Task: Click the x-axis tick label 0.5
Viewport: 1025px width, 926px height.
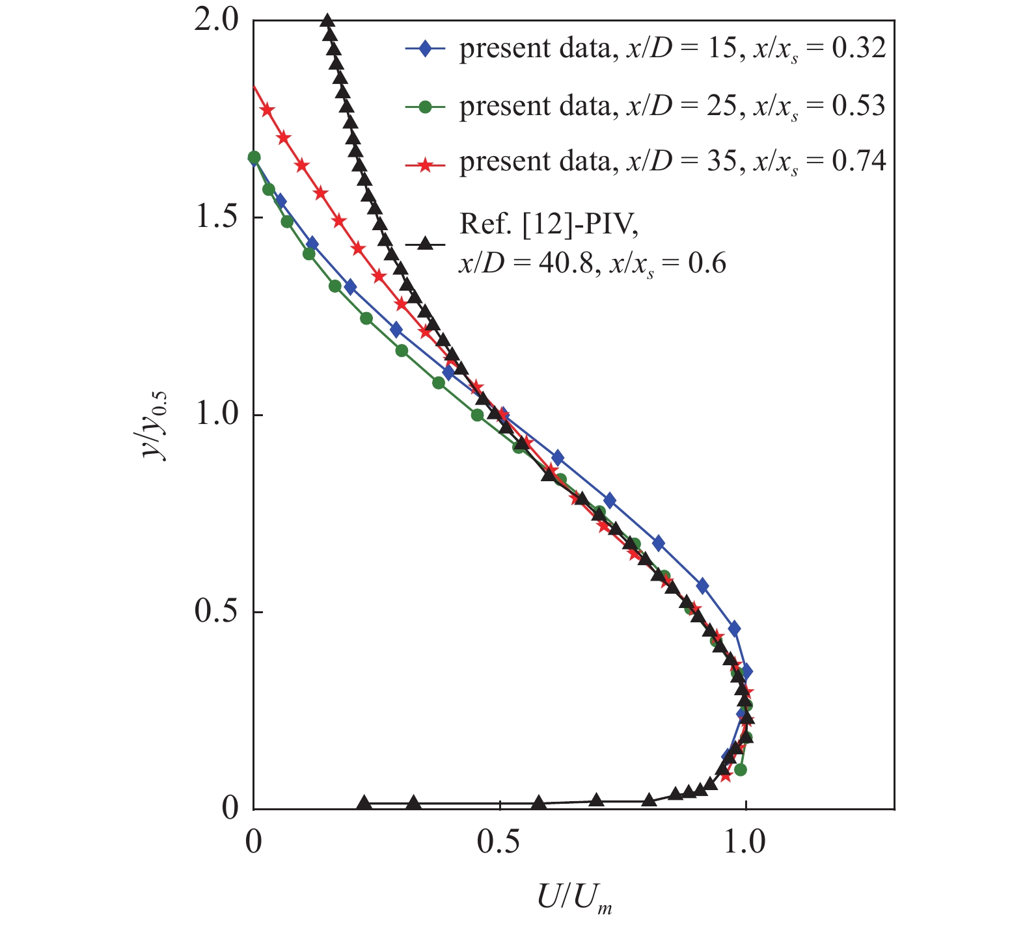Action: (x=499, y=842)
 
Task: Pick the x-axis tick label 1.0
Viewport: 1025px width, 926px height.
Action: (x=746, y=842)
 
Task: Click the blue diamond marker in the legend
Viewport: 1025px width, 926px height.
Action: (x=425, y=49)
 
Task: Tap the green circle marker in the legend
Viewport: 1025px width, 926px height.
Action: (x=425, y=106)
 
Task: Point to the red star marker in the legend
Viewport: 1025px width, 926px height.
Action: (x=425, y=163)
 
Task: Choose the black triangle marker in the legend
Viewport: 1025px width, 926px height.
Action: (x=425, y=244)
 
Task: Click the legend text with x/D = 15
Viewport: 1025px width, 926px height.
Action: (x=672, y=49)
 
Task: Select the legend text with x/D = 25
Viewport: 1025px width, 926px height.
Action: (x=672, y=106)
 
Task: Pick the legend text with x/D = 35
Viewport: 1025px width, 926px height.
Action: (x=672, y=163)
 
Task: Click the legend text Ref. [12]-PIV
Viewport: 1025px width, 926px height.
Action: (x=549, y=224)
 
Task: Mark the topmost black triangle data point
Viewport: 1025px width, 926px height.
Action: (x=328, y=21)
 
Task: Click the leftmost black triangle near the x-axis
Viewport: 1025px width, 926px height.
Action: (x=365, y=803)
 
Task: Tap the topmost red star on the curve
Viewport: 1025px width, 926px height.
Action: (x=267, y=110)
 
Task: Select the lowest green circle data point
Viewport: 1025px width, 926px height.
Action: (x=740, y=770)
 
